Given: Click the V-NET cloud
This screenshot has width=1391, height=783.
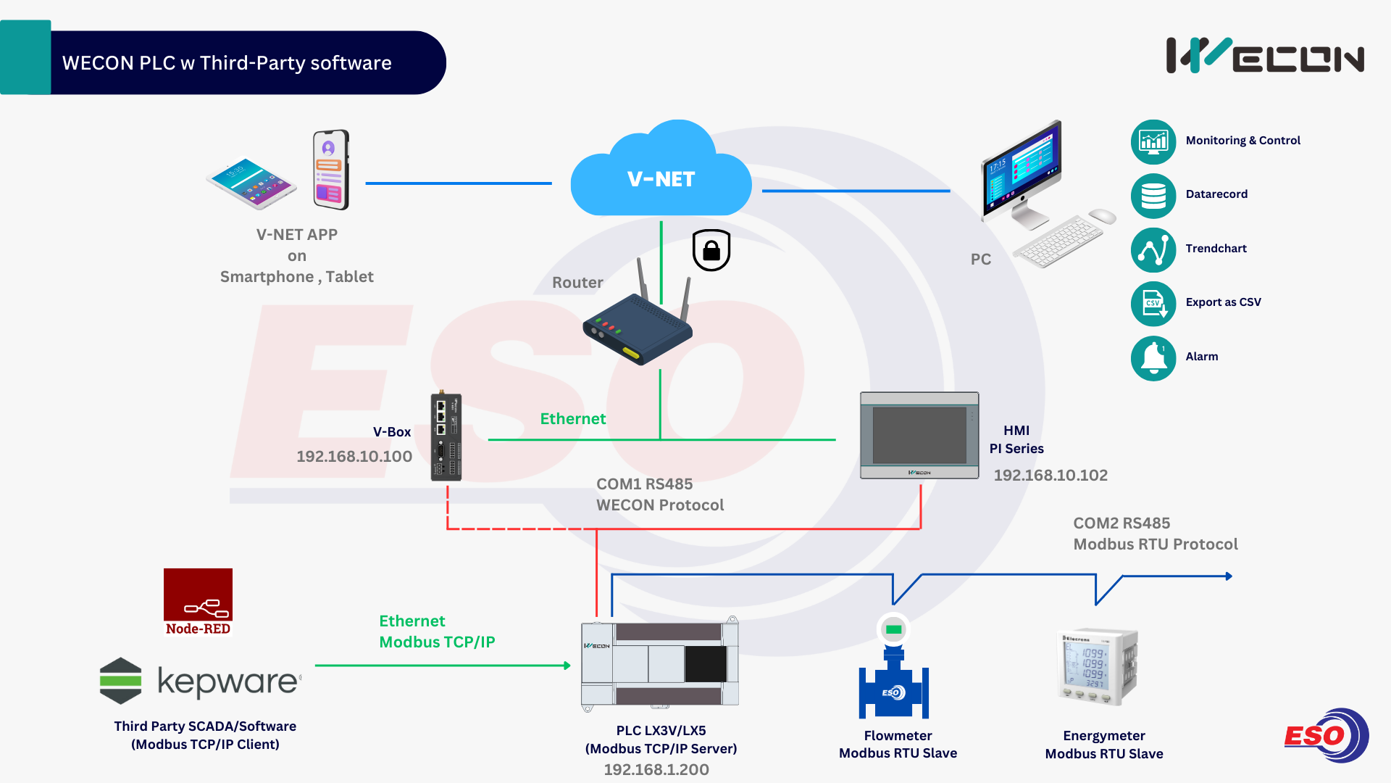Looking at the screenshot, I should pyautogui.click(x=661, y=174).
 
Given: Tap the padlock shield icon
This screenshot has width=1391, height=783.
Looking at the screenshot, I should pyautogui.click(x=711, y=250).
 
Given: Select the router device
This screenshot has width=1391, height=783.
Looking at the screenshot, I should pyautogui.click(x=638, y=326).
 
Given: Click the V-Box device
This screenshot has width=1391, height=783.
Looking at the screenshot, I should pyautogui.click(x=446, y=437).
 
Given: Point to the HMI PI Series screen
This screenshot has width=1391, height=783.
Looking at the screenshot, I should pyautogui.click(x=919, y=435).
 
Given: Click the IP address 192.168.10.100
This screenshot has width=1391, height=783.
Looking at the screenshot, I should pyautogui.click(x=354, y=457).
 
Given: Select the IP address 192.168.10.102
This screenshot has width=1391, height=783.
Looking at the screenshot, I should pyautogui.click(x=1050, y=476).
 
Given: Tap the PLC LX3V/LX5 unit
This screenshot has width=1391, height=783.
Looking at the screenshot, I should pyautogui.click(x=660, y=663).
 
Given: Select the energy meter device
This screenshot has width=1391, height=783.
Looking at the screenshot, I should pyautogui.click(x=1098, y=667).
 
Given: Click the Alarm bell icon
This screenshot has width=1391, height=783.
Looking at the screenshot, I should pyautogui.click(x=1153, y=358).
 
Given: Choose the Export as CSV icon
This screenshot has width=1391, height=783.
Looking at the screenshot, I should pyautogui.click(x=1153, y=304).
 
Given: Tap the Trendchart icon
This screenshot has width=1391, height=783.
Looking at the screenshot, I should pyautogui.click(x=1153, y=250).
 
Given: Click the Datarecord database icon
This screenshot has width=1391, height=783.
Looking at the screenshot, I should pyautogui.click(x=1153, y=196).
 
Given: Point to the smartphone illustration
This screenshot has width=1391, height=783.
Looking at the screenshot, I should pyautogui.click(x=331, y=170).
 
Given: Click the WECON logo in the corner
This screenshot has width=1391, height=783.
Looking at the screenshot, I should pyautogui.click(x=1265, y=56).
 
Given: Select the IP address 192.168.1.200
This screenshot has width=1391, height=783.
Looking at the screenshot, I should pyautogui.click(x=656, y=770).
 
